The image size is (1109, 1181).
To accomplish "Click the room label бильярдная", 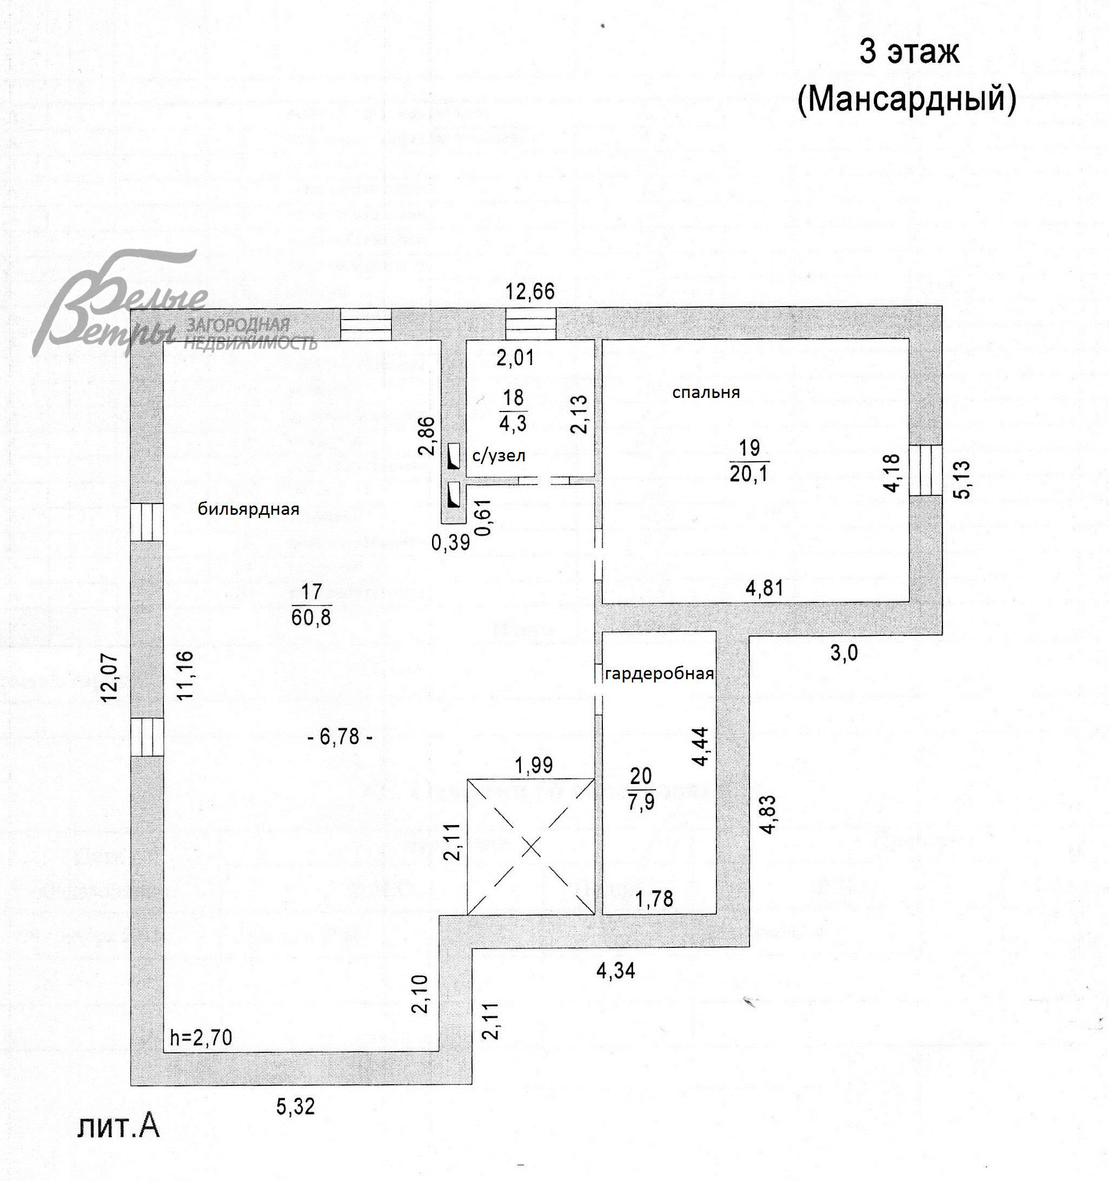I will point(248,509).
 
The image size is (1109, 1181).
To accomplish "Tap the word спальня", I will point(706,392).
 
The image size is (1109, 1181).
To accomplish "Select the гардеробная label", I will point(659,674).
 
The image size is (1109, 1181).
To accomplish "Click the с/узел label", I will point(499,456).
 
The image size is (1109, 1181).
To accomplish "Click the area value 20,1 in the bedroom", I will point(748,474).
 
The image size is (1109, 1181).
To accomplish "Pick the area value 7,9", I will point(641,802).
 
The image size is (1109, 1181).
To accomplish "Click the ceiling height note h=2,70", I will point(201,1037).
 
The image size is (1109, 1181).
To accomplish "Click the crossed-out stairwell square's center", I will point(530,847).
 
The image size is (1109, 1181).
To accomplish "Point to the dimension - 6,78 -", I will point(340,737).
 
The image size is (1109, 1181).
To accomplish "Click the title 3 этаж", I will point(909,52).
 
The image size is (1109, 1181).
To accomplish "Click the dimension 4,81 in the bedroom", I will point(765,588).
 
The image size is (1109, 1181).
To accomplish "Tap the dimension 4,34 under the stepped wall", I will point(615,971).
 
